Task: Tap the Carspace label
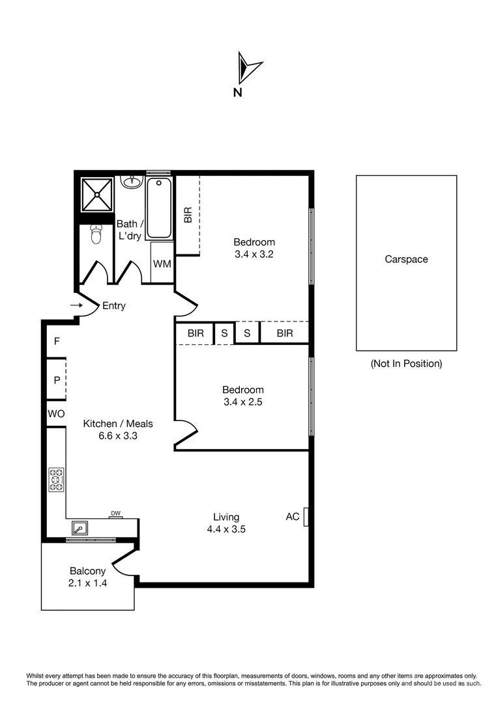406,259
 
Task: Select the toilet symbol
96,234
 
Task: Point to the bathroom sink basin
132,180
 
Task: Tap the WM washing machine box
162,264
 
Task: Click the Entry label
114,305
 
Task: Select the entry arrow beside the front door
77,305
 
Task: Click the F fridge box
57,340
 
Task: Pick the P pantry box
57,379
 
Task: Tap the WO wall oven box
56,413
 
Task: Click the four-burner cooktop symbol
56,479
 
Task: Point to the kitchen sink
80,527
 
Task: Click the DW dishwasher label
115,514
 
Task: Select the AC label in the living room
293,517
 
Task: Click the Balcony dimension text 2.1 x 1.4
87,583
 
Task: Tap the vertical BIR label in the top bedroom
188,215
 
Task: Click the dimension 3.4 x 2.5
241,402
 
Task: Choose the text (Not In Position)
406,364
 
